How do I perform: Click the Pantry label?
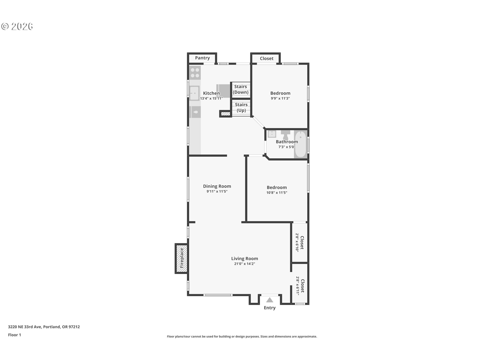(202, 58)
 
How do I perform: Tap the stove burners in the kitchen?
(195, 73)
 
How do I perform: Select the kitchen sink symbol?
(195, 93)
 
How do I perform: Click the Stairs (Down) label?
(240, 89)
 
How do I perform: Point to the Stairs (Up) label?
(241, 108)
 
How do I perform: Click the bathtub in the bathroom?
(300, 144)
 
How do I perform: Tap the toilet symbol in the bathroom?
(286, 135)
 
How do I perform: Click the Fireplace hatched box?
(181, 258)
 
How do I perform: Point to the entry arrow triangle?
(270, 300)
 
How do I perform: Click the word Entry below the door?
(270, 308)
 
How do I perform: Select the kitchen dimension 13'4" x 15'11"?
(211, 99)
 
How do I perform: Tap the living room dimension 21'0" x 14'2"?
(245, 264)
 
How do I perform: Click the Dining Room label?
(217, 186)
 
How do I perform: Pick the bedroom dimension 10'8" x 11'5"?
(277, 193)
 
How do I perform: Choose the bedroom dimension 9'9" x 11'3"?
(280, 99)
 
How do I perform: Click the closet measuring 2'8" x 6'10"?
(299, 243)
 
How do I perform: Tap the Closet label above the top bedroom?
(266, 58)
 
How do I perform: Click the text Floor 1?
(14, 335)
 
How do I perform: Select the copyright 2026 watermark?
(17, 26)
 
